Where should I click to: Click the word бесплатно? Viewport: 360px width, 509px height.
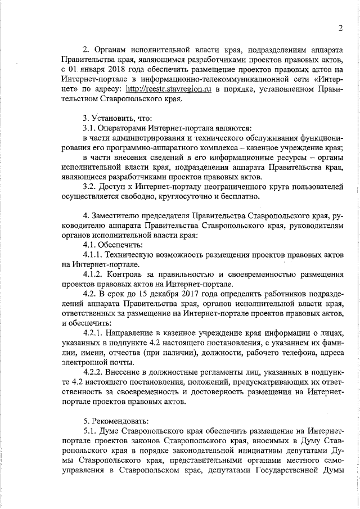point(238,197)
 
